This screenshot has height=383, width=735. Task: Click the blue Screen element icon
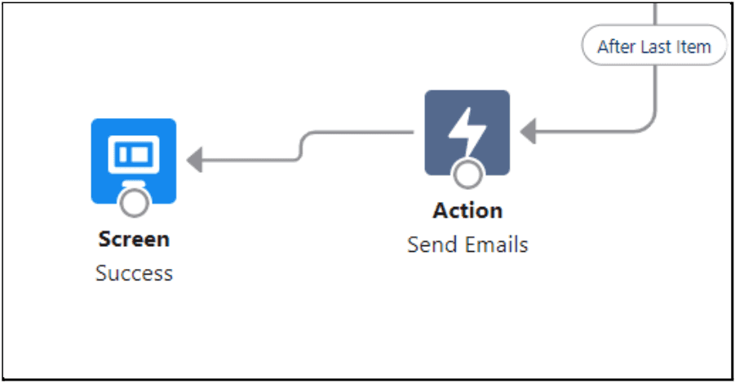pyautogui.click(x=134, y=161)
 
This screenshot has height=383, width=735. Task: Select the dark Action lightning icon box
pyautogui.click(x=467, y=133)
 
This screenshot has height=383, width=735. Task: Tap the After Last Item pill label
pyautogui.click(x=654, y=46)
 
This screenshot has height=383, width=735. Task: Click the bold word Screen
pyautogui.click(x=134, y=240)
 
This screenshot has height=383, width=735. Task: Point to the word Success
pyautogui.click(x=134, y=274)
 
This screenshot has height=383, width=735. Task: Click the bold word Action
pyautogui.click(x=467, y=211)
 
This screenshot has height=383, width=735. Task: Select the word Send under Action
pyautogui.click(x=429, y=245)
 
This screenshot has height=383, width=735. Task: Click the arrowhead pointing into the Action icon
pyautogui.click(x=529, y=131)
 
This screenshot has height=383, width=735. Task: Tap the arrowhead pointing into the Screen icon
pyautogui.click(x=194, y=160)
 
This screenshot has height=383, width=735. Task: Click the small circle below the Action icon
pyautogui.click(x=467, y=174)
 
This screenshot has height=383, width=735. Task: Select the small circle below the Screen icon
pyautogui.click(x=135, y=202)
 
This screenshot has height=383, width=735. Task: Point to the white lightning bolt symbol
pyautogui.click(x=467, y=131)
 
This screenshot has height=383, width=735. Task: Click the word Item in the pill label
pyautogui.click(x=693, y=46)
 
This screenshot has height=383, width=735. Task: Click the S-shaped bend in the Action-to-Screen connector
pyautogui.click(x=300, y=146)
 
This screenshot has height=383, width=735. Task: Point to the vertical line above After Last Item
pyautogui.click(x=654, y=14)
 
